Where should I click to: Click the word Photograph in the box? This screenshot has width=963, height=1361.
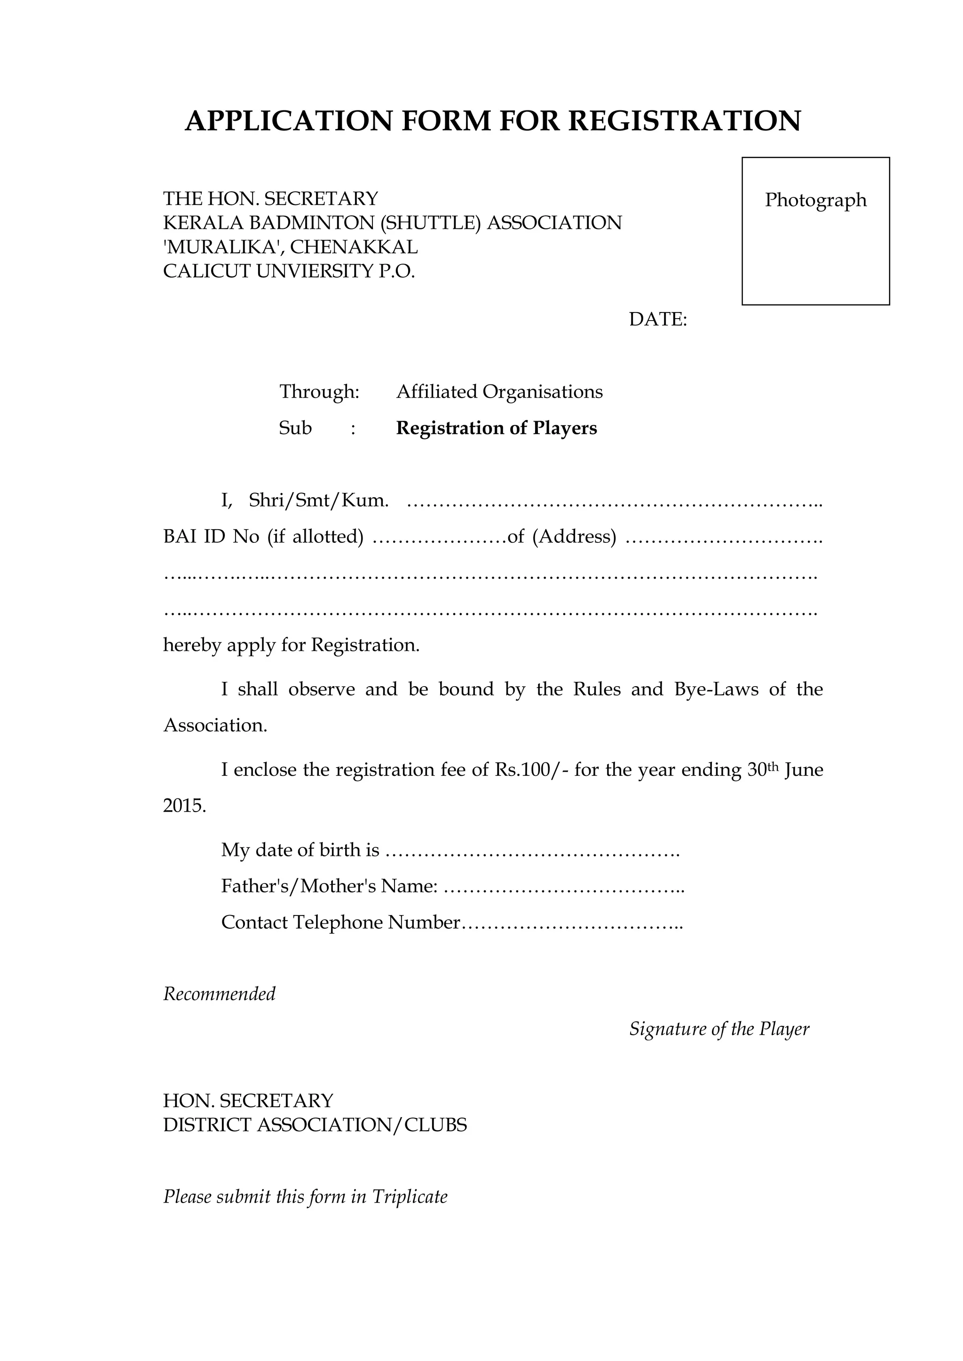pos(815,200)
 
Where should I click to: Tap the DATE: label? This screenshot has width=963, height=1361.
pos(658,320)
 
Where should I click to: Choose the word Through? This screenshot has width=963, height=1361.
pos(320,392)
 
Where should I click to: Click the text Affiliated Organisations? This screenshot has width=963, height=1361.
pos(499,392)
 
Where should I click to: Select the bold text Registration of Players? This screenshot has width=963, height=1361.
pos(497,428)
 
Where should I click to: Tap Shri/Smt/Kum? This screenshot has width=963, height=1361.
pos(318,501)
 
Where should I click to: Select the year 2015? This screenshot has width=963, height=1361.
pos(184,806)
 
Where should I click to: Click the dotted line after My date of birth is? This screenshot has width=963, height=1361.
pos(532,851)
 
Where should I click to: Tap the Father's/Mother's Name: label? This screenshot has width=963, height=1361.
pos(329,886)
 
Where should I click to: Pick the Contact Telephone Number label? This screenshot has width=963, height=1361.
pos(340,923)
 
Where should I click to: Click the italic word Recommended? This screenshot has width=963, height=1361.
pos(220,994)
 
